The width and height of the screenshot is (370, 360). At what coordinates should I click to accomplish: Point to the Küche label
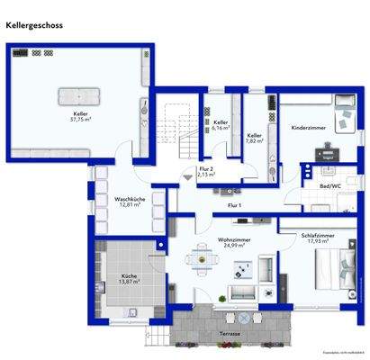pyautogui.click(x=130, y=276)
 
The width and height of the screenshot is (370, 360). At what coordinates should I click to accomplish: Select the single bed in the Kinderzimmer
pyautogui.click(x=345, y=118)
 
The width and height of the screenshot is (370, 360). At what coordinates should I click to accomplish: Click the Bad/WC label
pyautogui.click(x=329, y=185)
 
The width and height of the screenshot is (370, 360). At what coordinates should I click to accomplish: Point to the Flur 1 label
pyautogui.click(x=234, y=205)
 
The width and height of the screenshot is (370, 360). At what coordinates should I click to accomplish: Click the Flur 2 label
pyautogui.click(x=205, y=169)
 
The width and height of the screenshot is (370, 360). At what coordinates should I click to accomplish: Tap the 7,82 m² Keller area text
pyautogui.click(x=255, y=140)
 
